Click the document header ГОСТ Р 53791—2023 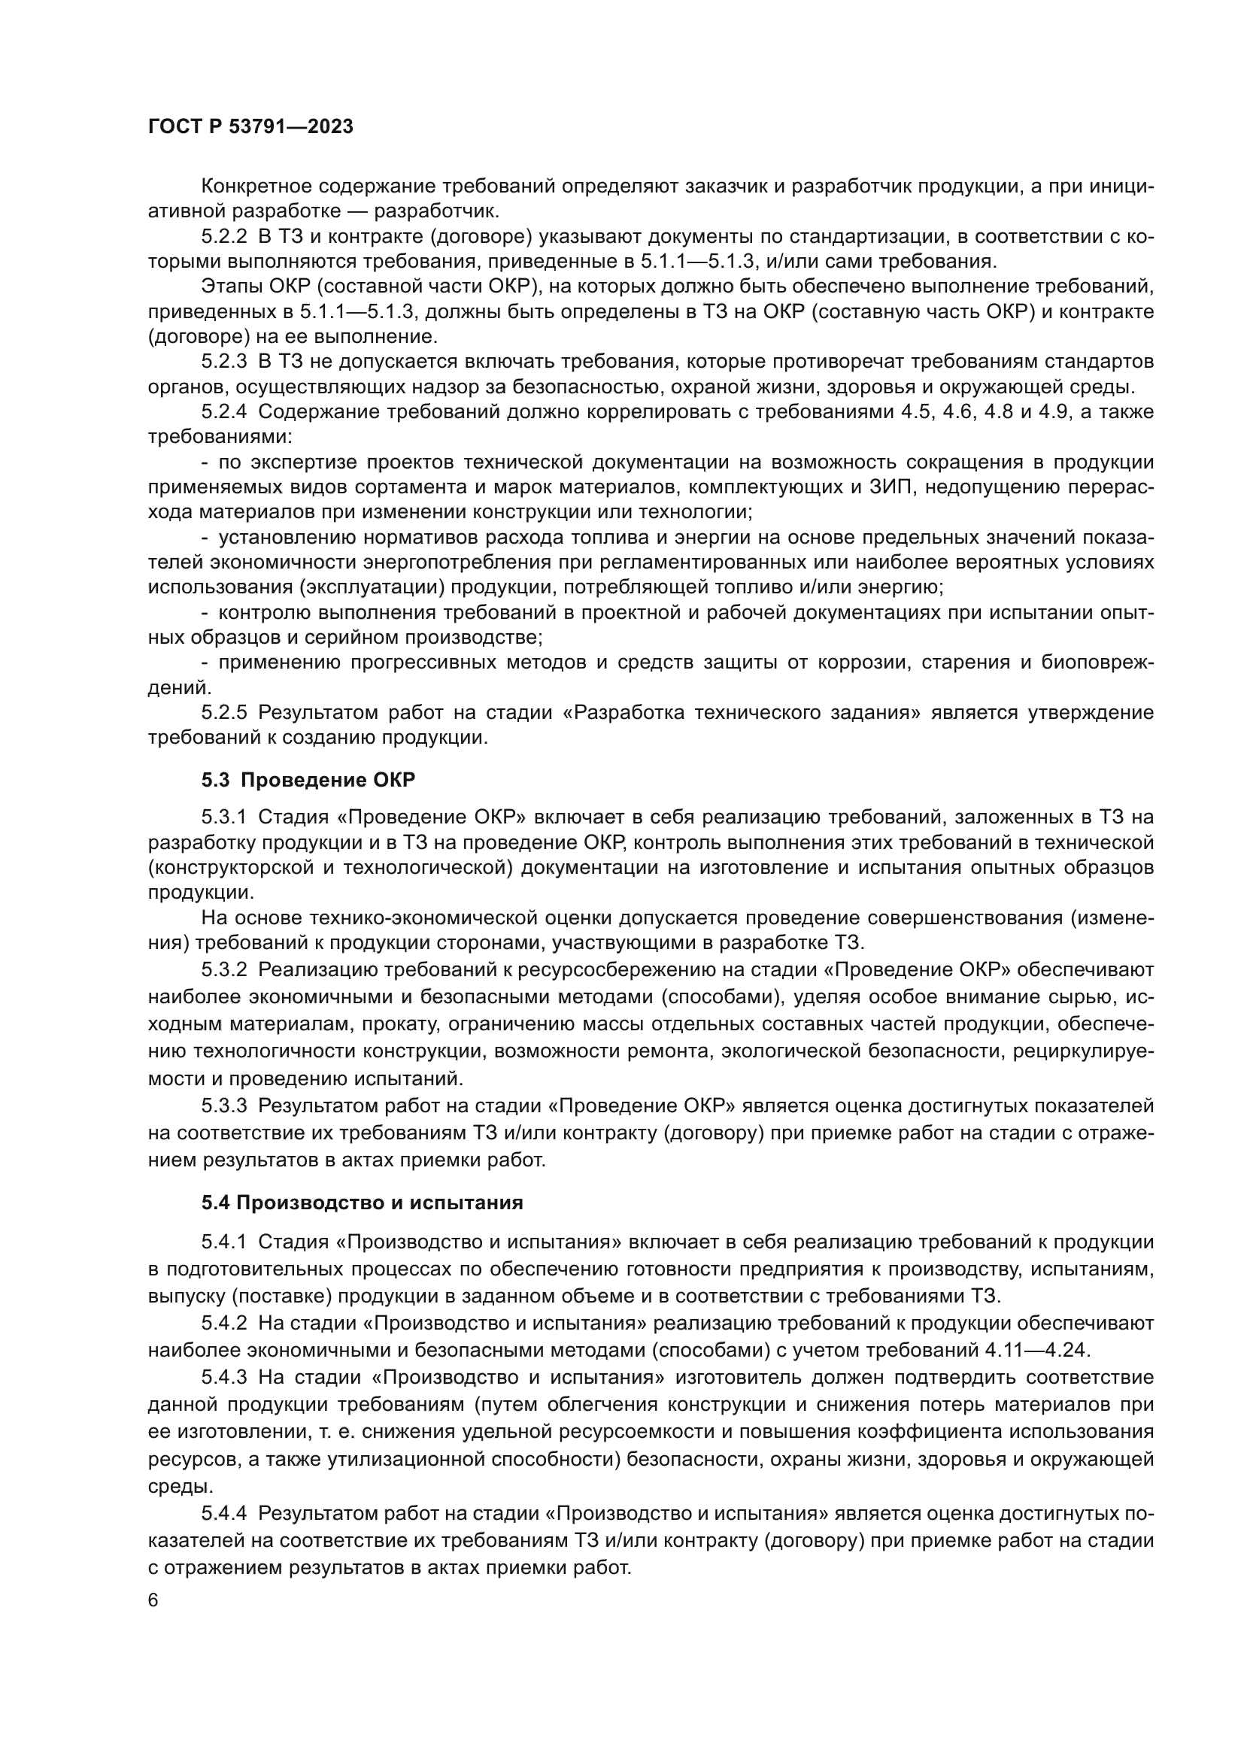250,127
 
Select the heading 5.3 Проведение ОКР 308,781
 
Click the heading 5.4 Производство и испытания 362,1202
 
